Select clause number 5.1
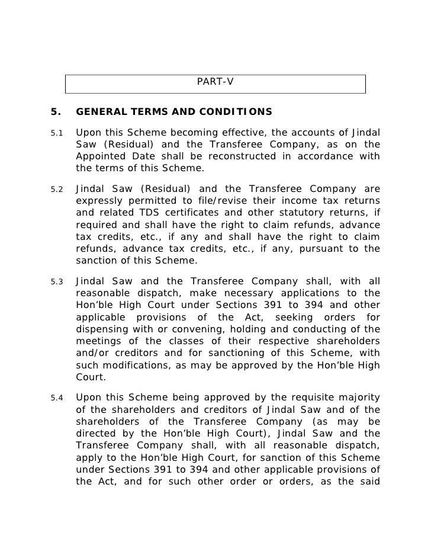point(57,132)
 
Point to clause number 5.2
point(57,190)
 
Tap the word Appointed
point(99,156)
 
